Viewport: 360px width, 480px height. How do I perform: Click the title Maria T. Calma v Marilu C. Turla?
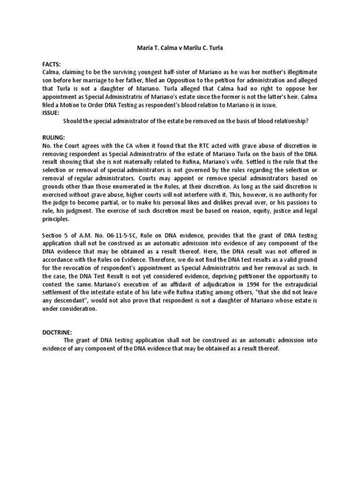tap(180, 47)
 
